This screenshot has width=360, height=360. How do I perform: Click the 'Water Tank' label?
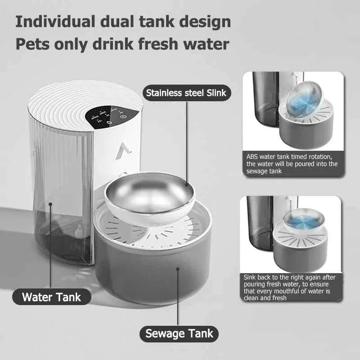point(52,297)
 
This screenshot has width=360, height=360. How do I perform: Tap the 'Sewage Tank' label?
point(179,333)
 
